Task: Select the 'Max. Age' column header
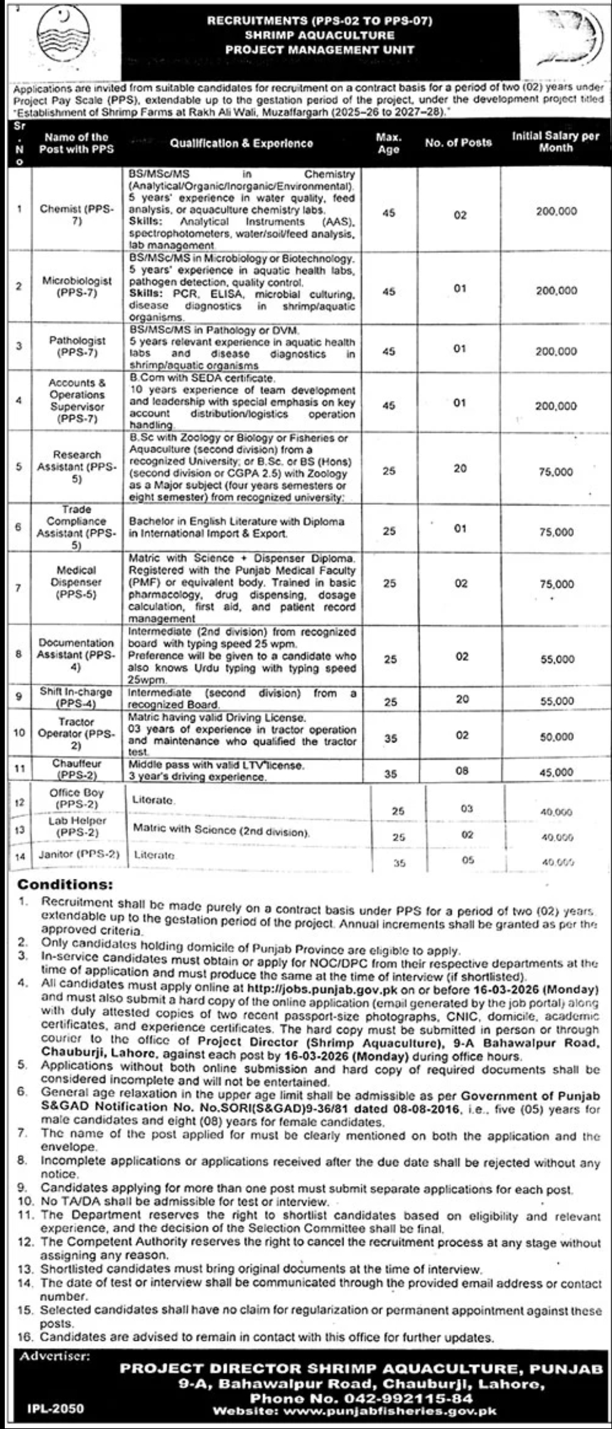[388, 143]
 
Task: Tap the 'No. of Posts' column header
[458, 143]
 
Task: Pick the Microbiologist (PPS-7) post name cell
[77, 286]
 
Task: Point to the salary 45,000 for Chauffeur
[556, 772]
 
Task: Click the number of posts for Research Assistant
[460, 469]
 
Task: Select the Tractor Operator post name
[76, 734]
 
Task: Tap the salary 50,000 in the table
[556, 737]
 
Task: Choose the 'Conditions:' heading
[65, 885]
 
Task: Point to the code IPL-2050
[55, 1409]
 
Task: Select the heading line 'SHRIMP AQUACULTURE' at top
[319, 36]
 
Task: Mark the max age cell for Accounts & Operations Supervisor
[389, 405]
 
